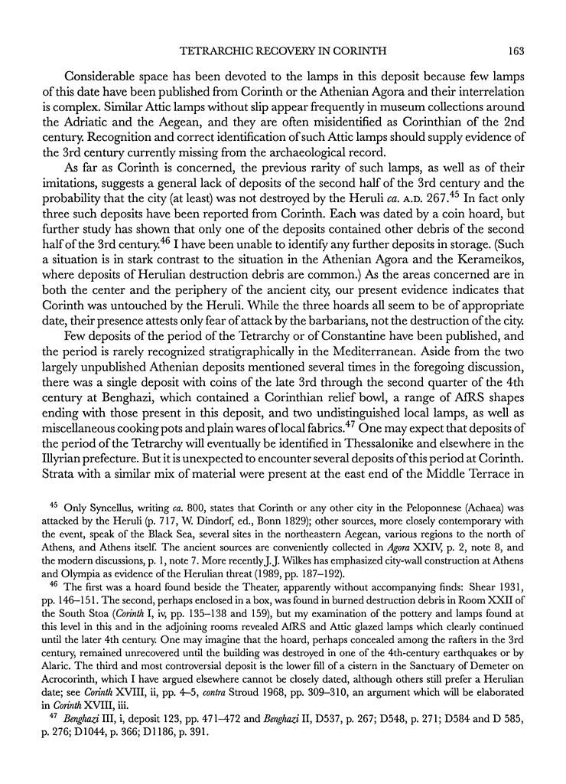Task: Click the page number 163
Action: point(513,51)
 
